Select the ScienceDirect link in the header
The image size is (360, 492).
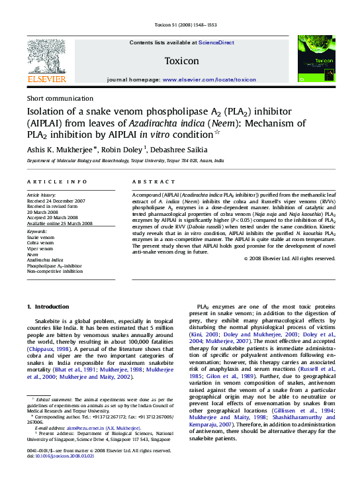point(216,42)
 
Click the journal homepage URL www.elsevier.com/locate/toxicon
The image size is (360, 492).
point(209,79)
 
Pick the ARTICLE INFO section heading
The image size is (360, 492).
point(56,181)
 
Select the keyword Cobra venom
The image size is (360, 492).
point(40,242)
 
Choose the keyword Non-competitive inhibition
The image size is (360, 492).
point(54,271)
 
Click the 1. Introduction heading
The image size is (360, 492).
point(47,307)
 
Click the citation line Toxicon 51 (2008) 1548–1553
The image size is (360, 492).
point(181,25)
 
